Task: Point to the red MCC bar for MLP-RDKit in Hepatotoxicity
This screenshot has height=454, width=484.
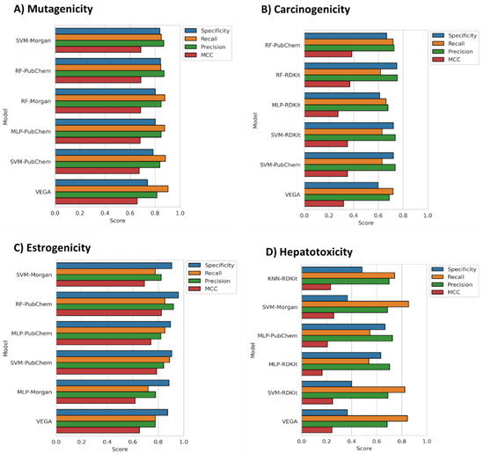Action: tap(312, 373)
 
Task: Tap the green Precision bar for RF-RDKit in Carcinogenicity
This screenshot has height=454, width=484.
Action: tap(349, 78)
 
